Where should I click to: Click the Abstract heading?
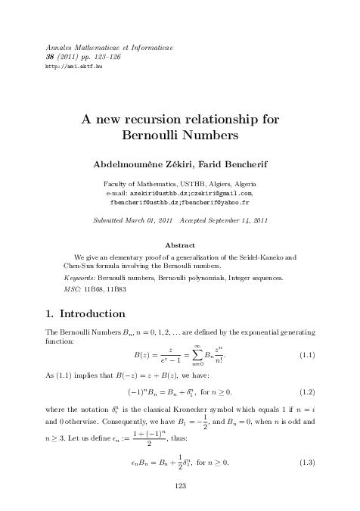tap(180, 245)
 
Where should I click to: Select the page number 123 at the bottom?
tap(180, 485)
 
